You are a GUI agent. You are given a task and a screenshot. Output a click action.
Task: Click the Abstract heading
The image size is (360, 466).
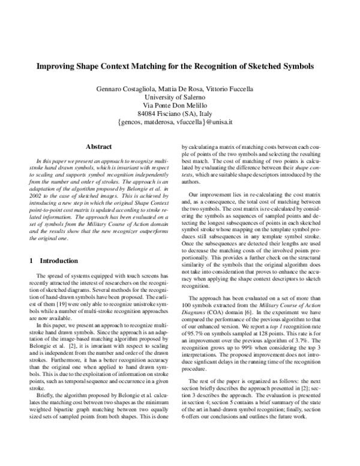(99, 146)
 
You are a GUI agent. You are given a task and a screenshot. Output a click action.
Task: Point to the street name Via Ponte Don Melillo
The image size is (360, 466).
(180, 106)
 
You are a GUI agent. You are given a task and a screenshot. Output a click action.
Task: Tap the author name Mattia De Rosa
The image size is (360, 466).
(178, 89)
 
